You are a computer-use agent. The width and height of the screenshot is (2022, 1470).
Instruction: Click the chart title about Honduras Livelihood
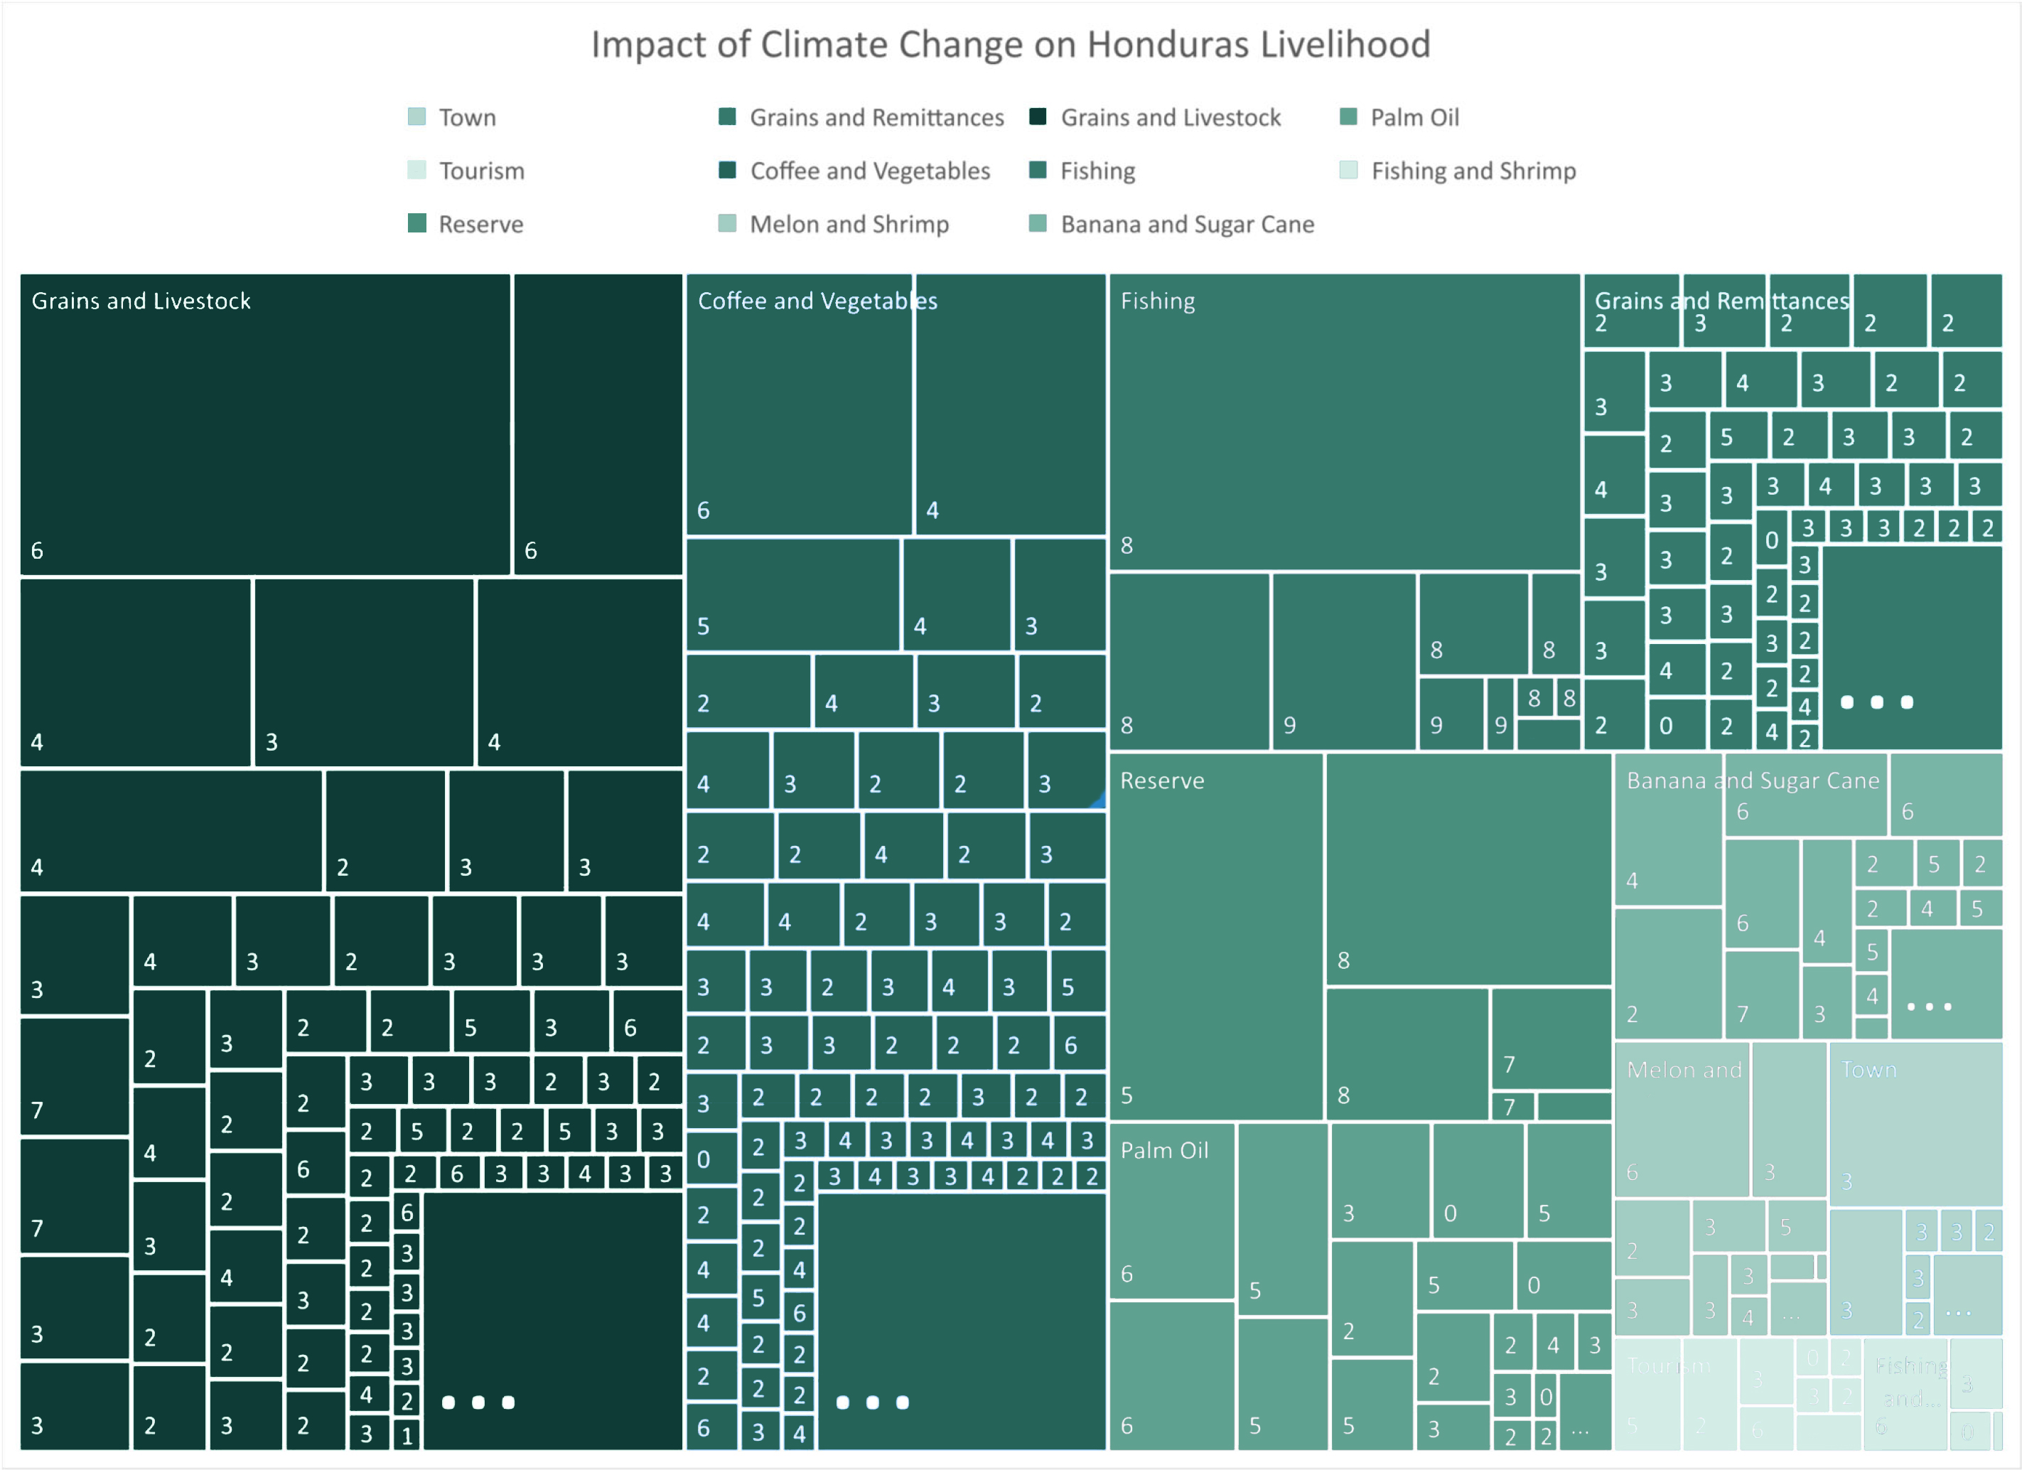pyautogui.click(x=1010, y=45)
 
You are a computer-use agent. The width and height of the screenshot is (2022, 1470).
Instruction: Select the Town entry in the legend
pyautogui.click(x=466, y=118)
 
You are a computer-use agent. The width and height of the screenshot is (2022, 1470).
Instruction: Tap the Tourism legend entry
pyautogui.click(x=481, y=171)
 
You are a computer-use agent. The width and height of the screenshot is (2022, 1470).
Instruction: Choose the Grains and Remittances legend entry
pyautogui.click(x=876, y=118)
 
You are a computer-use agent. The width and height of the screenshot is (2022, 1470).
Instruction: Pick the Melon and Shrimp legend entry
pyautogui.click(x=849, y=225)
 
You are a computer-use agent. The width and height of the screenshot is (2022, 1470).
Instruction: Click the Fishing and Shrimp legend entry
pyautogui.click(x=1473, y=171)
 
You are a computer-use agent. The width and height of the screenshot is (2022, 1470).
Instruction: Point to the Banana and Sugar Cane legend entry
pyautogui.click(x=1187, y=225)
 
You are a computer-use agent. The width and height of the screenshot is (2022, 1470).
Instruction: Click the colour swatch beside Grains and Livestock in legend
pyautogui.click(x=1038, y=117)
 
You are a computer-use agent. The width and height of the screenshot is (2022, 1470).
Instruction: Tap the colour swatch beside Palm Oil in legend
pyautogui.click(x=1348, y=117)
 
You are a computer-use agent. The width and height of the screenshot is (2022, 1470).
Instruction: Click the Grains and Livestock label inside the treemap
pyautogui.click(x=141, y=301)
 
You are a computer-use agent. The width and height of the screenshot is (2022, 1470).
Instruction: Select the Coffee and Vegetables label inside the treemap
pyautogui.click(x=817, y=301)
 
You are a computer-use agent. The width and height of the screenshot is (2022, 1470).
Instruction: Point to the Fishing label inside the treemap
pyautogui.click(x=1157, y=301)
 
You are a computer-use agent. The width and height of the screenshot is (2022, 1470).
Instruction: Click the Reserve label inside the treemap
pyautogui.click(x=1161, y=781)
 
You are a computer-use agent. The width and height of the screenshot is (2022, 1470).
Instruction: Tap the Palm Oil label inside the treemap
pyautogui.click(x=1164, y=1151)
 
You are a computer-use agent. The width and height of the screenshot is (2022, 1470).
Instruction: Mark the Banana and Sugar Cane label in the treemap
pyautogui.click(x=1752, y=781)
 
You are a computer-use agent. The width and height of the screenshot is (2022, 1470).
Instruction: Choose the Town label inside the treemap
pyautogui.click(x=1868, y=1070)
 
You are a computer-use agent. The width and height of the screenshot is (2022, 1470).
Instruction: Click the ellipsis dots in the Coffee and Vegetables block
pyautogui.click(x=872, y=1402)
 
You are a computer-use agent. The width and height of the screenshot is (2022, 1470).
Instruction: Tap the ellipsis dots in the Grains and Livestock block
pyautogui.click(x=478, y=1402)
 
